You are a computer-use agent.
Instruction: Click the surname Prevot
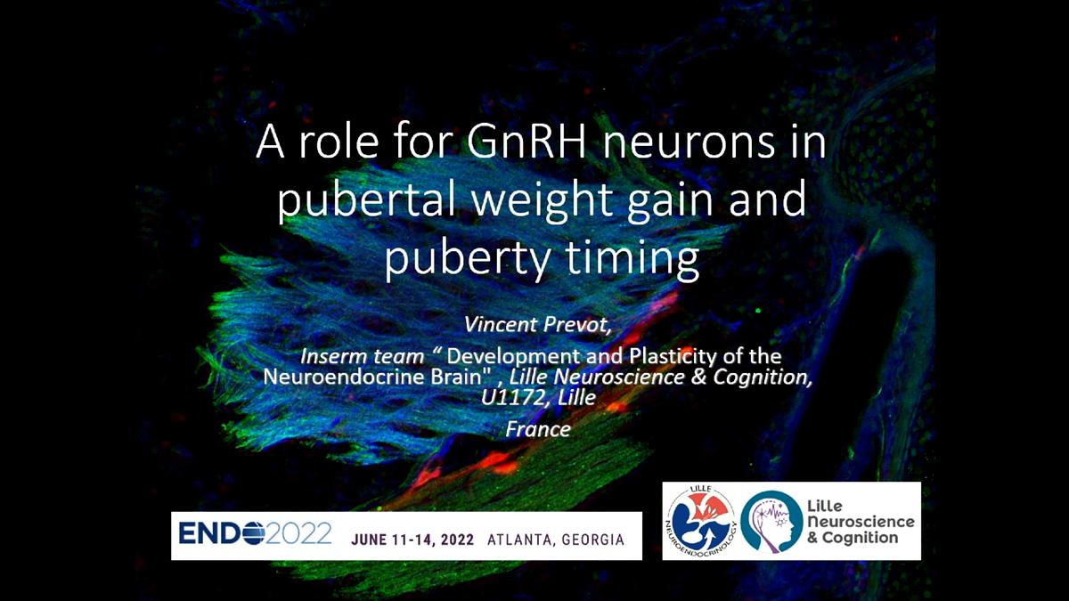click(x=575, y=325)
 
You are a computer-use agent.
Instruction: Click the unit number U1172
click(x=512, y=397)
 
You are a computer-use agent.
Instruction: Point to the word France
click(x=538, y=429)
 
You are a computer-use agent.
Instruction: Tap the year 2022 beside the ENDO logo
click(x=298, y=532)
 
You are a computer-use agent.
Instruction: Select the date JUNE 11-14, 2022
click(x=412, y=540)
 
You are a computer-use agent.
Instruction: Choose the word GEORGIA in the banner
click(x=593, y=540)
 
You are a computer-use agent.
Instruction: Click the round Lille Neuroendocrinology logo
click(x=701, y=522)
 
